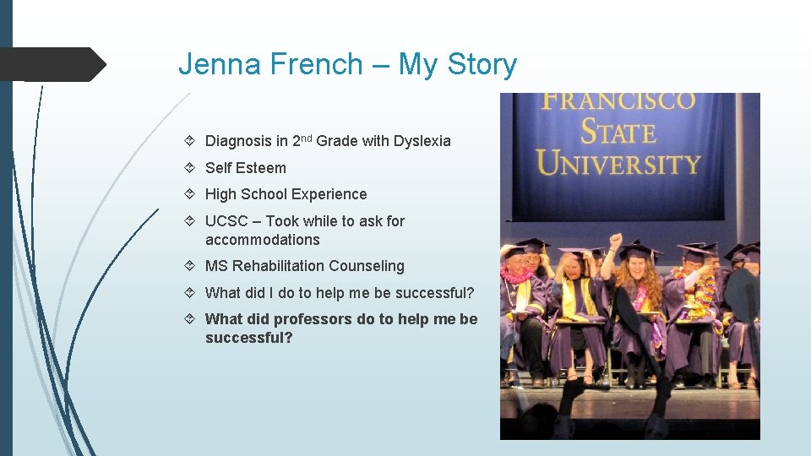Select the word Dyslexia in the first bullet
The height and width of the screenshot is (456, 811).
tap(422, 141)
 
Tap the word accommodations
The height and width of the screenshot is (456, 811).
tap(262, 240)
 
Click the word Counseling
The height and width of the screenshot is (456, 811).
tap(367, 266)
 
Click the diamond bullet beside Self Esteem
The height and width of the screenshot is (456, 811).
tap(192, 168)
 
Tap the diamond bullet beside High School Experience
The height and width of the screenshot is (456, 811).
tap(192, 194)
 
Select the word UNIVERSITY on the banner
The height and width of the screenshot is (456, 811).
tap(619, 162)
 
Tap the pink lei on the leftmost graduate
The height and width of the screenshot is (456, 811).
tap(517, 274)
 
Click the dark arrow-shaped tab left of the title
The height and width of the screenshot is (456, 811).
tap(52, 64)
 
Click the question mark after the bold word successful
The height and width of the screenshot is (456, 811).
tap(289, 338)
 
